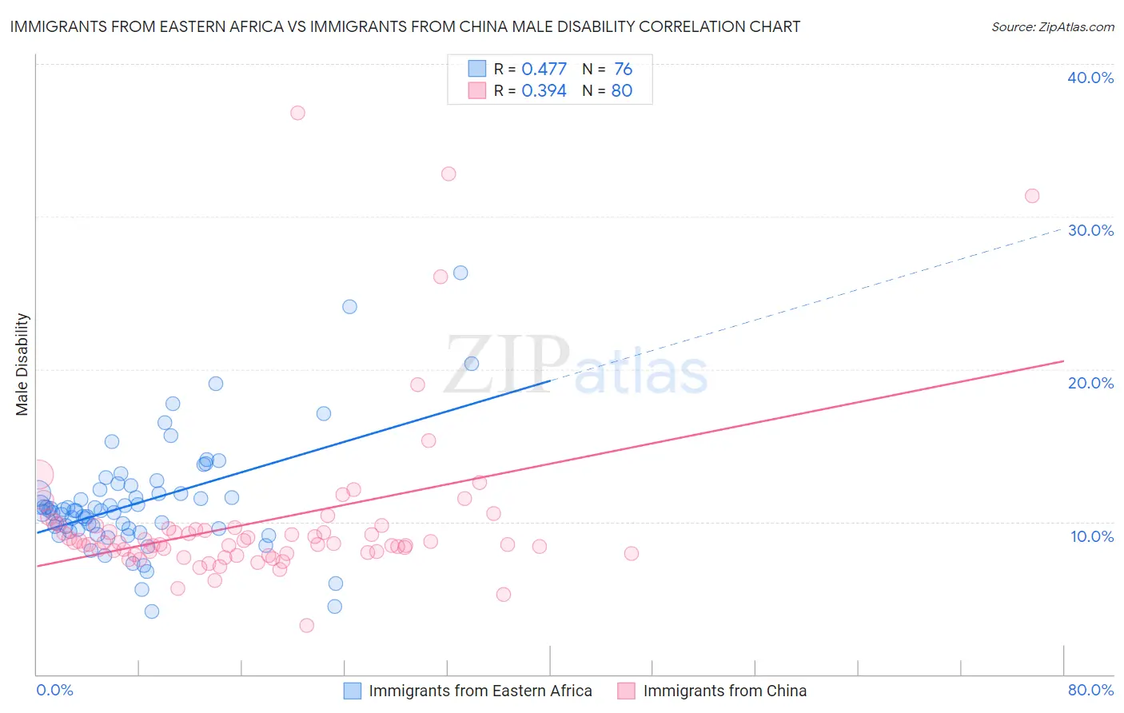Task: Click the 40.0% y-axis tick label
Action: pyautogui.click(x=1090, y=78)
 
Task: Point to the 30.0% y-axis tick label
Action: pyautogui.click(x=1090, y=230)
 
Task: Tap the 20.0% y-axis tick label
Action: pyautogui.click(x=1090, y=383)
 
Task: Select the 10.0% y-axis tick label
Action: pyautogui.click(x=1092, y=536)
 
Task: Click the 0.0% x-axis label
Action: pyautogui.click(x=54, y=690)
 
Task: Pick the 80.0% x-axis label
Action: pyautogui.click(x=1090, y=690)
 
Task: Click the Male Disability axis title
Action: pyautogui.click(x=22, y=364)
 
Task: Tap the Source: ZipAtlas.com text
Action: pyautogui.click(x=1052, y=27)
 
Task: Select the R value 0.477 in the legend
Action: pyautogui.click(x=544, y=70)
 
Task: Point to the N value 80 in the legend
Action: pyautogui.click(x=622, y=91)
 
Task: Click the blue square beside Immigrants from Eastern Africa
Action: pyautogui.click(x=353, y=691)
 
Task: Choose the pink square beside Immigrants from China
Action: pyautogui.click(x=626, y=691)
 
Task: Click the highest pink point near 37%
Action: pyautogui.click(x=297, y=113)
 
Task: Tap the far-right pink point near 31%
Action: pyautogui.click(x=1032, y=196)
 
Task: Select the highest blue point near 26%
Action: pyautogui.click(x=460, y=273)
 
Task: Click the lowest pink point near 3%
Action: pyautogui.click(x=306, y=625)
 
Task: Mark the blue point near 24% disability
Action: pyautogui.click(x=349, y=307)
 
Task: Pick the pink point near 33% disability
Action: pyautogui.click(x=448, y=174)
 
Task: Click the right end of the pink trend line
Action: pyautogui.click(x=1064, y=361)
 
